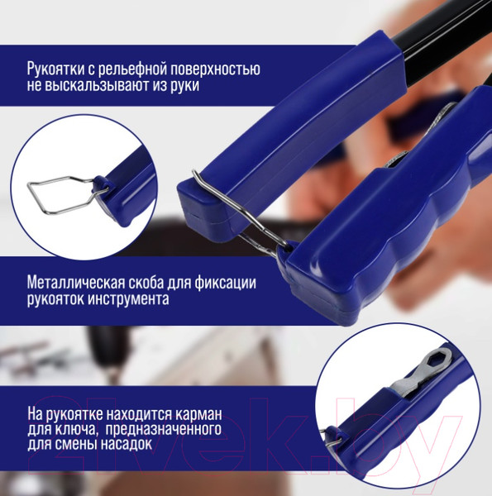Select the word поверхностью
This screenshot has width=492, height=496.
click(215, 69)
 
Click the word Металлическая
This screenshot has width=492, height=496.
click(75, 283)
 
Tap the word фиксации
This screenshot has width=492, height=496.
click(225, 283)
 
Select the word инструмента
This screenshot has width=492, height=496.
click(128, 299)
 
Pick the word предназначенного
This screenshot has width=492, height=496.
click(163, 430)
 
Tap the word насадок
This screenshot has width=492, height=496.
click(127, 444)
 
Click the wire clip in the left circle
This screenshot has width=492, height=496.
click(45, 209)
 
